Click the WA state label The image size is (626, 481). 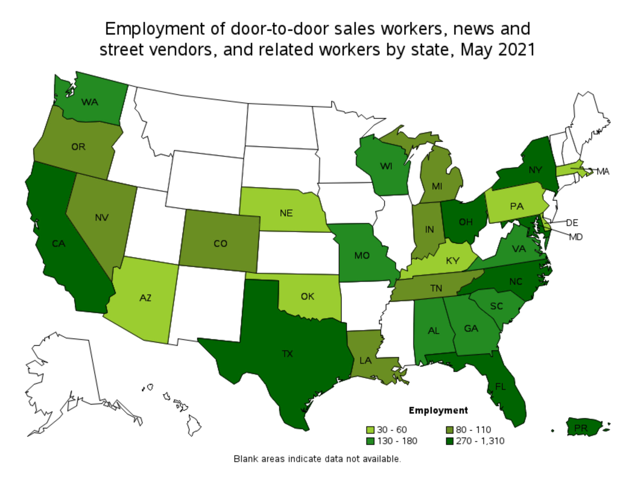(x=90, y=102)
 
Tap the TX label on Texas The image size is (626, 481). (x=287, y=354)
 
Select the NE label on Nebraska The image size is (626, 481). (x=286, y=213)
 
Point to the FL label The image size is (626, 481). (x=500, y=387)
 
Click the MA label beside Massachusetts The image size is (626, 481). (x=603, y=172)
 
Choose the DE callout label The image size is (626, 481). (x=572, y=223)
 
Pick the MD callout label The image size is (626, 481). (x=576, y=237)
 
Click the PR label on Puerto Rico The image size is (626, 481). (x=581, y=429)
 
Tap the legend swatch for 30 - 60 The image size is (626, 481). (x=370, y=430)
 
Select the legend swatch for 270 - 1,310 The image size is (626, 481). (x=450, y=442)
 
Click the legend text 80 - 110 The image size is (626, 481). (x=473, y=430)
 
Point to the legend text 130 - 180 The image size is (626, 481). (x=397, y=441)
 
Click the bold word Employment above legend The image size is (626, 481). (x=438, y=411)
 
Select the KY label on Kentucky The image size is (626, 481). (x=452, y=261)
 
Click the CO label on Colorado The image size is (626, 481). (x=220, y=243)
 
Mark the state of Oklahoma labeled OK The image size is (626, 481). (x=307, y=296)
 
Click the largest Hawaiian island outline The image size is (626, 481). (x=194, y=425)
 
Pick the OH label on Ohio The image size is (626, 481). (x=465, y=222)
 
